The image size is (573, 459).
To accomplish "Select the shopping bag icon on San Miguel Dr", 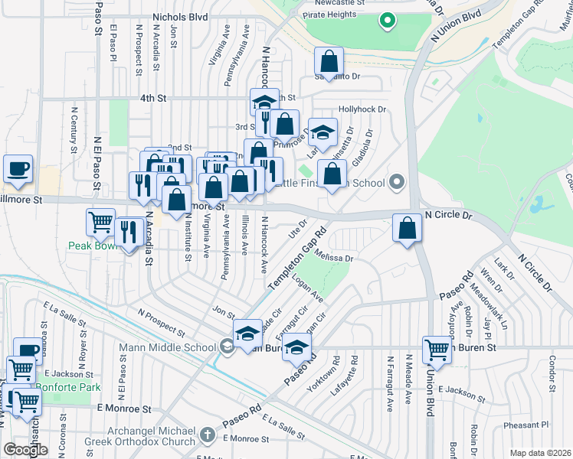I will pyautogui.click(x=329, y=62).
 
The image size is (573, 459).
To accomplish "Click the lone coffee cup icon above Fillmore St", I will pyautogui.click(x=18, y=169).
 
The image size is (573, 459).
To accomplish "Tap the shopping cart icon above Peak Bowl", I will pyautogui.click(x=100, y=223).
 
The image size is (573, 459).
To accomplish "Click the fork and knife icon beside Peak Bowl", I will pyautogui.click(x=128, y=231).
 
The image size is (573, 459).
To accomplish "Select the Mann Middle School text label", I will pyautogui.click(x=167, y=347).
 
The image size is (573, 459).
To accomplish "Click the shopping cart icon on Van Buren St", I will pyautogui.click(x=437, y=350).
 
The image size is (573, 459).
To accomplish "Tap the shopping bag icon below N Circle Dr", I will pyautogui.click(x=408, y=228).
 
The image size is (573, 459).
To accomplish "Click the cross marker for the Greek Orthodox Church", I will pyautogui.click(x=205, y=435).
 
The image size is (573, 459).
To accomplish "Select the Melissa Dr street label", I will pyautogui.click(x=332, y=258).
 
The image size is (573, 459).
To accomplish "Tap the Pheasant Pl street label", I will pyautogui.click(x=528, y=423).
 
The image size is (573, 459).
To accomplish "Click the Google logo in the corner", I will pyautogui.click(x=25, y=450).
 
